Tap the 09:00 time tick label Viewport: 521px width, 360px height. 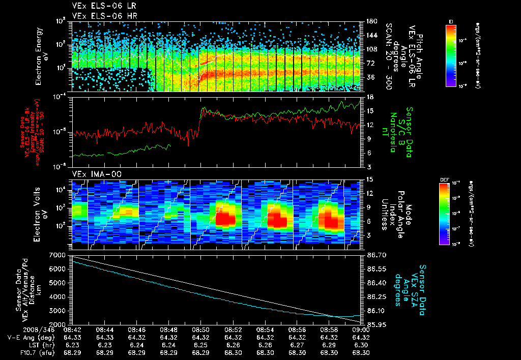[361, 329]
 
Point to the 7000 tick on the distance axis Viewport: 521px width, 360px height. [61, 254]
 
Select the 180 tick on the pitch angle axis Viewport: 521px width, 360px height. [371, 21]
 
